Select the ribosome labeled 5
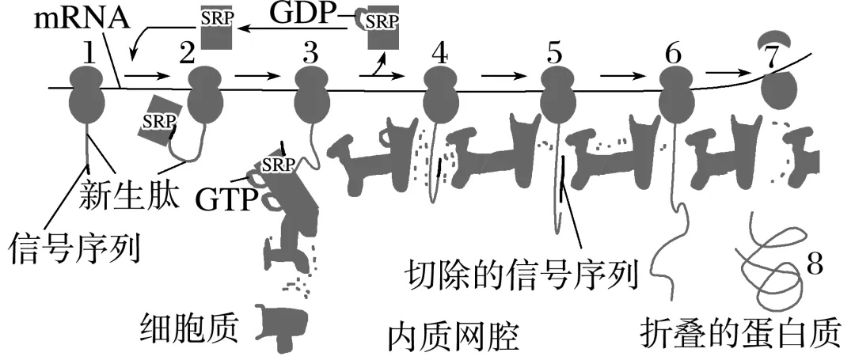point(557,92)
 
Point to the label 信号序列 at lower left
point(74,247)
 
